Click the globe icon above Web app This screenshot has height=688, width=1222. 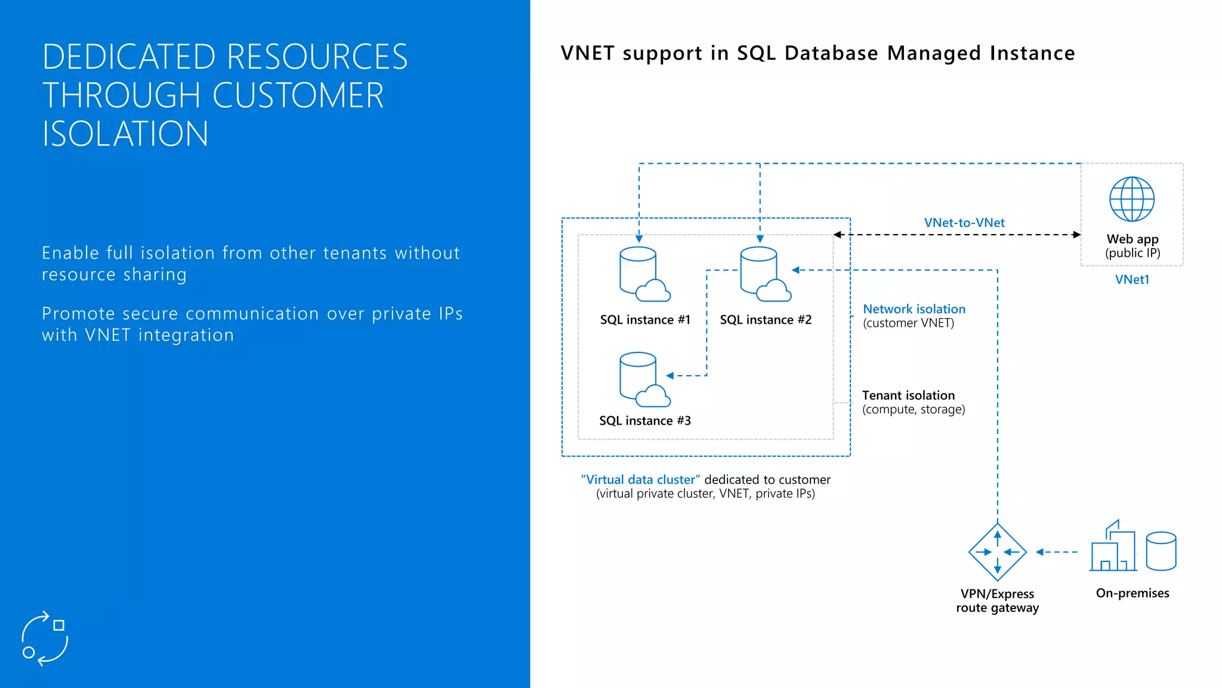[x=1132, y=199]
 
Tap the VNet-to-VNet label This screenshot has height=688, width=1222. [x=964, y=223]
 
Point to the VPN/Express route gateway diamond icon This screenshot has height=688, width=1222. [x=997, y=552]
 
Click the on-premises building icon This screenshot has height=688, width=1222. [x=1113, y=547]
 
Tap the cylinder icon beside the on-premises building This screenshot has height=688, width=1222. [x=1161, y=551]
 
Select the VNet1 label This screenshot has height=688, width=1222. [x=1132, y=279]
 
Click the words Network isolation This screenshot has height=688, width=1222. [x=914, y=309]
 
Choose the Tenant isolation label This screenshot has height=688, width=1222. [x=908, y=395]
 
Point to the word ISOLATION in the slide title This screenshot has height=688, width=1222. [x=125, y=134]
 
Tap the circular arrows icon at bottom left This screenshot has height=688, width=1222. [x=45, y=638]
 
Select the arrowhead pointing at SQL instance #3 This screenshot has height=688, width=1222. [x=670, y=376]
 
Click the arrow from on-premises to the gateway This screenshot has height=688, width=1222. [x=1056, y=552]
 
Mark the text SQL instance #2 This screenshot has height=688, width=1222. [x=766, y=320]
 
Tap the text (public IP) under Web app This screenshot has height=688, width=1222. [x=1132, y=253]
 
